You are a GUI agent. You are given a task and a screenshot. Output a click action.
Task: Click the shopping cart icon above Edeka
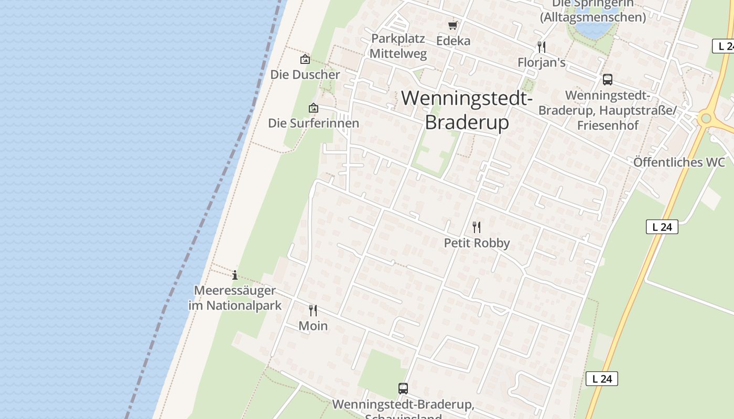click(x=453, y=25)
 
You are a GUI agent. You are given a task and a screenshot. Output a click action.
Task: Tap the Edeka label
click(x=454, y=41)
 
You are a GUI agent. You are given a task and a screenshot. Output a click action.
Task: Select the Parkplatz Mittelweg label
click(x=398, y=46)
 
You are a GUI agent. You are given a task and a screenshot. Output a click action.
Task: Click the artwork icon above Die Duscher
click(x=305, y=60)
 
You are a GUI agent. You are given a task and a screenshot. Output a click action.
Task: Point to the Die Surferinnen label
click(x=314, y=123)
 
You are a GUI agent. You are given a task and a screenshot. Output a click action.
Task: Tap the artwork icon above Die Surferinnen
click(x=314, y=108)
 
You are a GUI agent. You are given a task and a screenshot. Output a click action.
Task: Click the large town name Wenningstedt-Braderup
click(x=467, y=110)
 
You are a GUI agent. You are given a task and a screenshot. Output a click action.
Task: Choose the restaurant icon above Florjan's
click(x=542, y=47)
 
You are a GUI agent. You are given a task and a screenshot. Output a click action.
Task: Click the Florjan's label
click(x=542, y=63)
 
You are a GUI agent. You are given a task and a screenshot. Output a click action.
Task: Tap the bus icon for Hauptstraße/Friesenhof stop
click(x=608, y=80)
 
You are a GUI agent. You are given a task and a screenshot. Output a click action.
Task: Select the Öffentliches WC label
click(x=679, y=162)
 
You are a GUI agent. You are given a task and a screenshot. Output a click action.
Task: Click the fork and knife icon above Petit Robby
click(x=477, y=227)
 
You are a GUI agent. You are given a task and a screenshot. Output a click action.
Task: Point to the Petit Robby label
click(x=477, y=244)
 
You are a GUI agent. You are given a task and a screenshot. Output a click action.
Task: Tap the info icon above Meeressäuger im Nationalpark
click(x=235, y=275)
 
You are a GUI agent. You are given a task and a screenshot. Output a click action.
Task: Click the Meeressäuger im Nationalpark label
click(x=235, y=298)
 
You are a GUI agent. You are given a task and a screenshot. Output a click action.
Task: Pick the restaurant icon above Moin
click(x=313, y=311)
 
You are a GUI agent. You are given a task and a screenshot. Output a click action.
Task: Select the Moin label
click(x=313, y=326)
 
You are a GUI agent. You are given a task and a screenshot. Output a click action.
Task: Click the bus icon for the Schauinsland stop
click(x=403, y=389)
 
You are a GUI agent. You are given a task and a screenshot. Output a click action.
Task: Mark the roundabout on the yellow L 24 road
click(x=706, y=118)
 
